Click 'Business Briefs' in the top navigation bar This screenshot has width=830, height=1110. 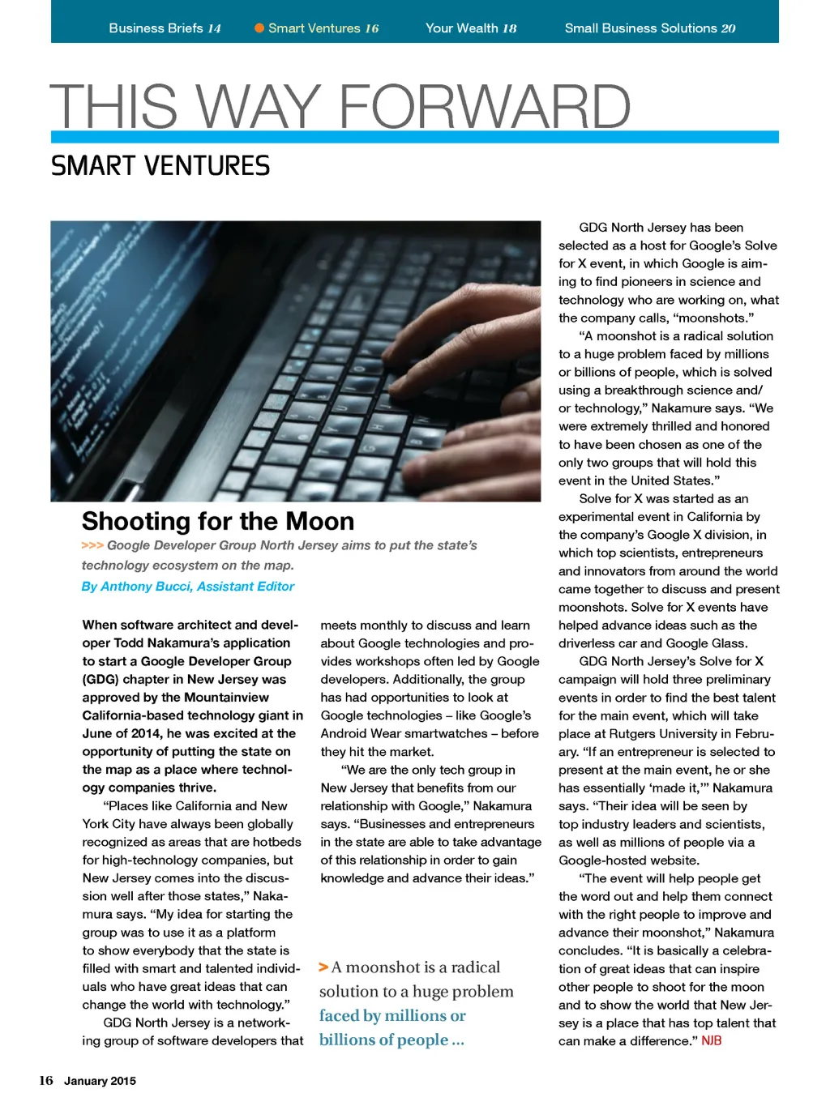point(156,28)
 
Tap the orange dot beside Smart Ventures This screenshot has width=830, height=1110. point(259,28)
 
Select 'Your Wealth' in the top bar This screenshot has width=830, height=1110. point(462,28)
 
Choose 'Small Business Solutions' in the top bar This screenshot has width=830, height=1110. point(640,28)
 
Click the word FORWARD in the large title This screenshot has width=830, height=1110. point(484,107)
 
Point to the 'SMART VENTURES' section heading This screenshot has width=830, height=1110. point(160,166)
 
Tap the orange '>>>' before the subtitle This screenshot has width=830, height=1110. point(92,546)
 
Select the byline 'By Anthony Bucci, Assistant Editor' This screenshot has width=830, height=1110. point(188,587)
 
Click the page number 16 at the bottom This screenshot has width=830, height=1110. point(46,1080)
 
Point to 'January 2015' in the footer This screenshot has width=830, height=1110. point(100,1081)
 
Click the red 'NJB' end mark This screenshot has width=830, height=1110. point(712,1041)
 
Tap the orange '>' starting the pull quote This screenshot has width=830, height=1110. point(323,967)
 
